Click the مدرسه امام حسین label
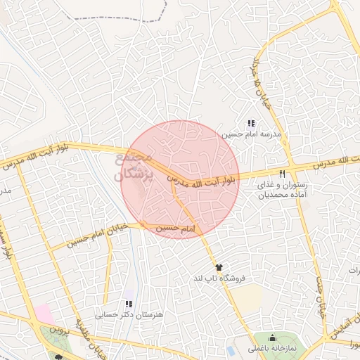tap(252, 134)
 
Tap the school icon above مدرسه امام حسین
tap(252, 123)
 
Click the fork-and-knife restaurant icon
tap(283, 173)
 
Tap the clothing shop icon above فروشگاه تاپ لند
tap(219, 268)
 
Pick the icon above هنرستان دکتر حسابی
tap(128, 304)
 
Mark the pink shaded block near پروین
tap(44, 314)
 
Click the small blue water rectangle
tap(231, 349)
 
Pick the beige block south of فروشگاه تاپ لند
tap(246, 299)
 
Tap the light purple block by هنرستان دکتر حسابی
tap(128, 294)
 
